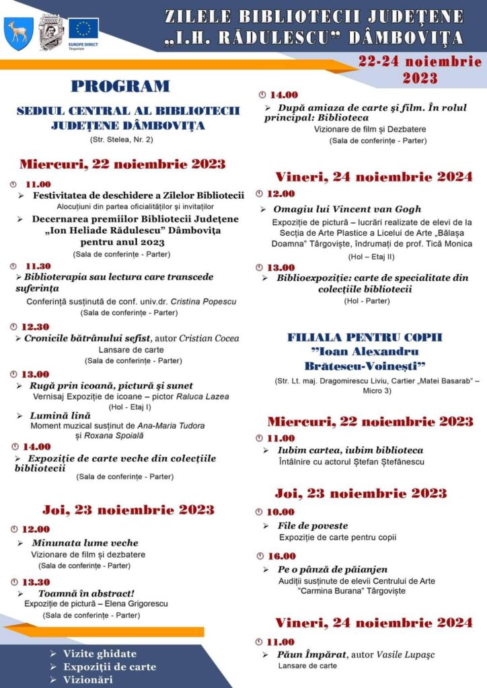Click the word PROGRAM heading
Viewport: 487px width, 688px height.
click(x=121, y=86)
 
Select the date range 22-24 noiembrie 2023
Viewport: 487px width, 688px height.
click(x=420, y=69)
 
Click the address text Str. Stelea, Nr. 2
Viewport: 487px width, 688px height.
click(x=121, y=140)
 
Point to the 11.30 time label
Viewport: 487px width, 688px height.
click(x=38, y=266)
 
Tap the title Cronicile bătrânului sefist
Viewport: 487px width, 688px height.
click(x=87, y=338)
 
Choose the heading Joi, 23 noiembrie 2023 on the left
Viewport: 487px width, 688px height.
click(x=128, y=509)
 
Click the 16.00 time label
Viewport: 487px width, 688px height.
click(x=282, y=556)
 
